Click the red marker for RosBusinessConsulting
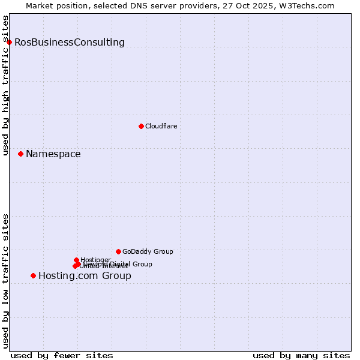[9, 42]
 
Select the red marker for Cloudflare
[141, 126]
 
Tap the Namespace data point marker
[20, 154]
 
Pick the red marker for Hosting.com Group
[33, 276]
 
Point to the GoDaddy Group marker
[118, 251]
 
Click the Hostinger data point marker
[76, 260]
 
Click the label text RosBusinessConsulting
[70, 43]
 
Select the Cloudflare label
[161, 126]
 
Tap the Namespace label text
[53, 154]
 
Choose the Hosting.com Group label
[85, 276]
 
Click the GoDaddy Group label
[148, 251]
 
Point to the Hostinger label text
[95, 260]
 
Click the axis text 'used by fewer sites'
[62, 355]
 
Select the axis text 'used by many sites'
[301, 355]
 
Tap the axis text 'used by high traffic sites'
[6, 85]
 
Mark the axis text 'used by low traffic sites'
[6, 281]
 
